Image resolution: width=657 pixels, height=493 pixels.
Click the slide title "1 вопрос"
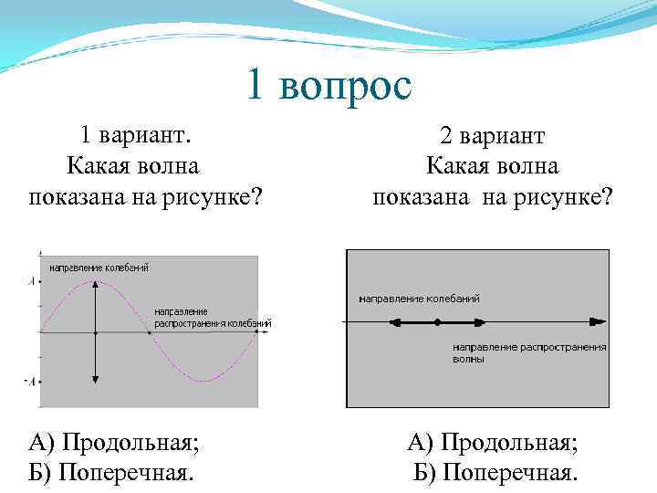[x=328, y=87]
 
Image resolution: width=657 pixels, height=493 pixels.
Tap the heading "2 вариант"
[x=492, y=138]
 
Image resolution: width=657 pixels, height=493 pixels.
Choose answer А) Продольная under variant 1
[x=114, y=444]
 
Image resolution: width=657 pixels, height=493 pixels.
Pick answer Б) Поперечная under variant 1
[x=111, y=473]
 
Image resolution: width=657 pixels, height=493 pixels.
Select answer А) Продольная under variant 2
[x=492, y=444]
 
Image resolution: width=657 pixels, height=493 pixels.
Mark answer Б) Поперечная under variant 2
[x=495, y=473]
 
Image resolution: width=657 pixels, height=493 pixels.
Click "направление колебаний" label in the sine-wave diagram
[x=99, y=267]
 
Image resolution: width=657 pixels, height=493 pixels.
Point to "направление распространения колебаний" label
[x=212, y=318]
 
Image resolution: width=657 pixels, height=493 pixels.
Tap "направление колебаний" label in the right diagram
[x=419, y=299]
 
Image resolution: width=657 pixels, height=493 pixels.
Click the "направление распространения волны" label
[x=529, y=353]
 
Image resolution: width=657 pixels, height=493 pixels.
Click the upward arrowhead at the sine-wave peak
[x=95, y=287]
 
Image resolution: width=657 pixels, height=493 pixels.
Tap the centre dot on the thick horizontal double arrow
[x=438, y=321]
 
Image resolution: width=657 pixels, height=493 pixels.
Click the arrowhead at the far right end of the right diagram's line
[x=599, y=321]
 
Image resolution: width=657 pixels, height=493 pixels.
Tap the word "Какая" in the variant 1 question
[x=95, y=166]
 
